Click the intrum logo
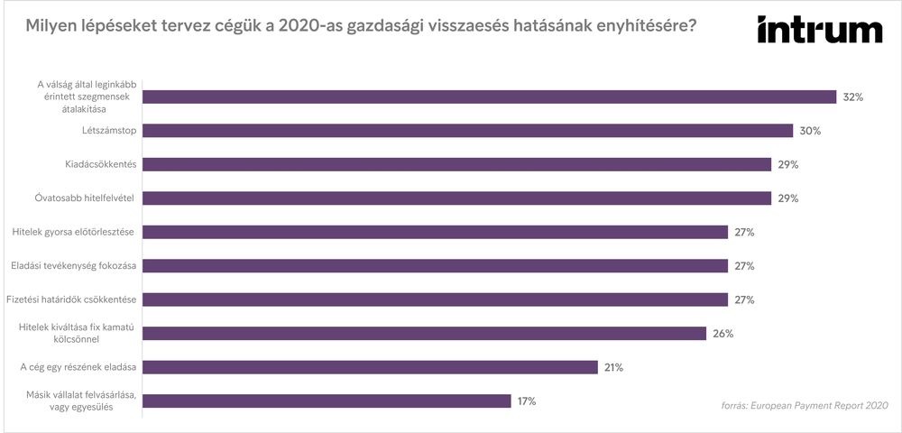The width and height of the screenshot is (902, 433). tap(819, 31)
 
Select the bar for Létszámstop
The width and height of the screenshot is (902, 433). tap(468, 131)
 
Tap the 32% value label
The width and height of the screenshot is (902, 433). tap(853, 97)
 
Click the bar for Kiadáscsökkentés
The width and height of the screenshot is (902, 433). tap(457, 164)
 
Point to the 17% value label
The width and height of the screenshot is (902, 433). tap(526, 401)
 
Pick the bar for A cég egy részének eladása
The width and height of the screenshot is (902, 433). tap(371, 367)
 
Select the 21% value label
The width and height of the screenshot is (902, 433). tap(613, 367)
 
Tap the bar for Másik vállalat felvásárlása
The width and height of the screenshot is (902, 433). tap(327, 401)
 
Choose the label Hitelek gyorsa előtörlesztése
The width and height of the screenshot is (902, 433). tap(73, 232)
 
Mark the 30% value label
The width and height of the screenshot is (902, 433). tap(810, 131)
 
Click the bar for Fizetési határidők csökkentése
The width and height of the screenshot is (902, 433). tap(436, 299)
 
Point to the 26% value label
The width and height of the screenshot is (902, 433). tap(723, 334)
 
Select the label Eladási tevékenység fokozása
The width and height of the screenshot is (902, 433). tap(73, 266)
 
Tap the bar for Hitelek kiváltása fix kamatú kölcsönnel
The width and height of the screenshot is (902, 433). tap(425, 334)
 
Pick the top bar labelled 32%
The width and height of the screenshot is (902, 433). tap(490, 97)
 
